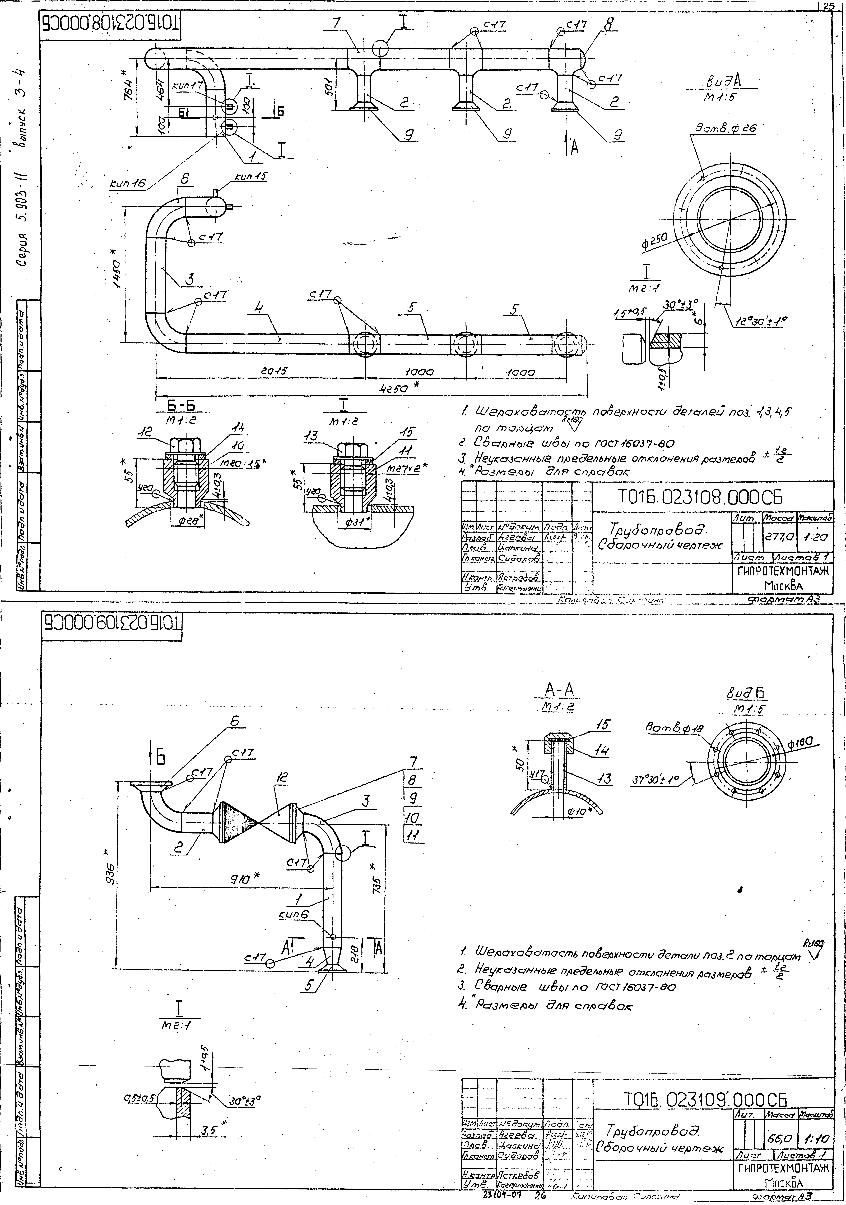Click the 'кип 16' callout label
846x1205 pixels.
click(127, 183)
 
